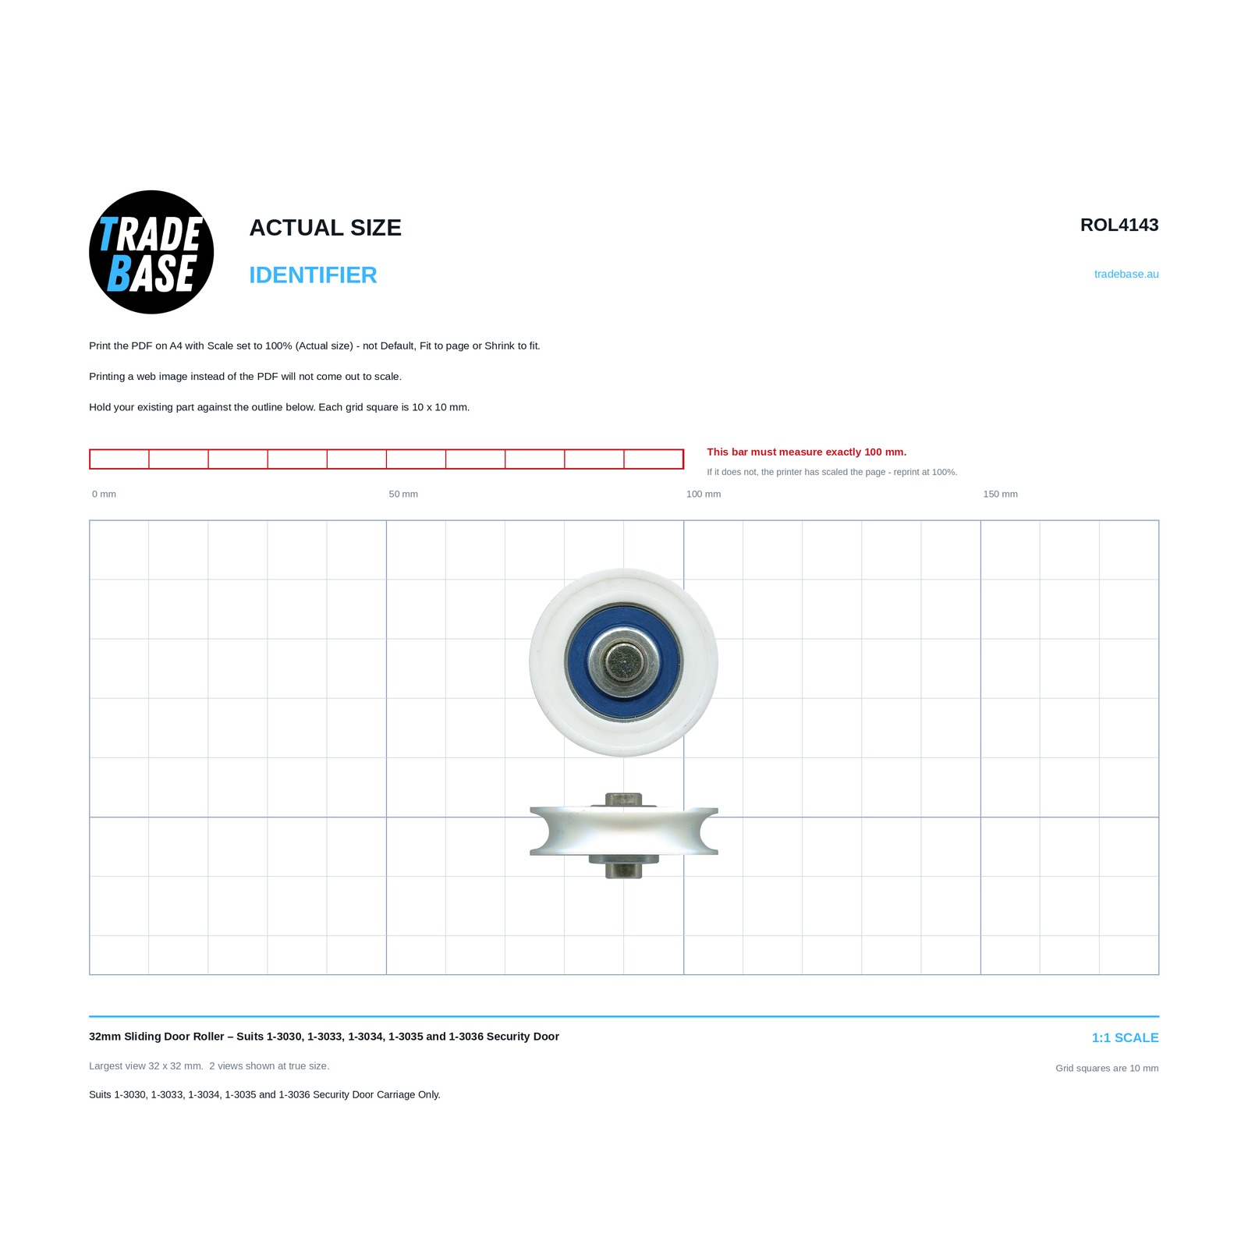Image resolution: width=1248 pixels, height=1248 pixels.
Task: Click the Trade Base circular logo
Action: coord(151,252)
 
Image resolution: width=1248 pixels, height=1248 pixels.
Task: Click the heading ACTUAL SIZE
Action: coord(325,228)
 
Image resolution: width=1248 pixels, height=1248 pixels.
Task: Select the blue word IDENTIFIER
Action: coord(313,275)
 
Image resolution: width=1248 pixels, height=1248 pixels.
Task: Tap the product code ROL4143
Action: coord(1119,225)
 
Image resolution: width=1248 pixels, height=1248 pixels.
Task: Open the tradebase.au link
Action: coord(1126,274)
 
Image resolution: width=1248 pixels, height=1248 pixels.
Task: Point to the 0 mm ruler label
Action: coord(104,494)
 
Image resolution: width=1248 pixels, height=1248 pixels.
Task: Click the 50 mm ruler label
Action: coord(403,494)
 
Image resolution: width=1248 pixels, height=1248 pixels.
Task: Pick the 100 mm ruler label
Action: coord(704,494)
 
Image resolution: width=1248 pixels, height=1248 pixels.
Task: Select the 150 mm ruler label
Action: coord(1000,494)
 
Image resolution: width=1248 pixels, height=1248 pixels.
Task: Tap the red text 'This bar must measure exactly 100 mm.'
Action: coord(807,452)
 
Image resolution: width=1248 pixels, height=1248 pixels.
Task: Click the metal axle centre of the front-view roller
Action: coord(624,663)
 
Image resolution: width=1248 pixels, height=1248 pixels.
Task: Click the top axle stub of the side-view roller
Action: coord(624,799)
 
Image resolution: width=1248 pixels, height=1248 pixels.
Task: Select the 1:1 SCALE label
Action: coord(1125,1037)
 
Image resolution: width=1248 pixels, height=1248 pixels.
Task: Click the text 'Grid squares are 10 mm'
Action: coord(1107,1068)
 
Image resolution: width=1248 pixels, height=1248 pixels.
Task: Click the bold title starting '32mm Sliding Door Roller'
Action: coord(324,1037)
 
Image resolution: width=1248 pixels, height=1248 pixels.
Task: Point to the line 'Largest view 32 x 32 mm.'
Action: coord(146,1065)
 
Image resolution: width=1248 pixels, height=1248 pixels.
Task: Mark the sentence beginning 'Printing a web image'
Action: coord(245,376)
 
